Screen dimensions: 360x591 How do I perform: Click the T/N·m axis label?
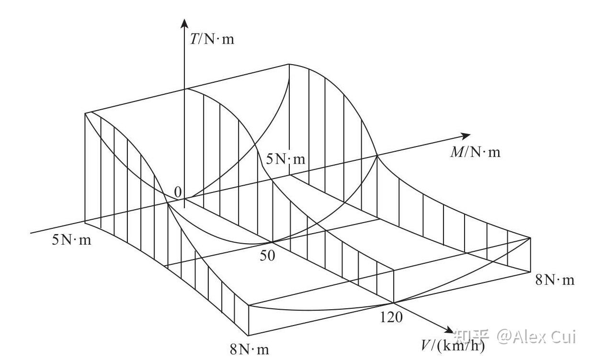point(212,39)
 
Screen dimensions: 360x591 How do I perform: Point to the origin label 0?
point(178,192)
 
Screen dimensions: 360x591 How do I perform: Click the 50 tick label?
point(268,256)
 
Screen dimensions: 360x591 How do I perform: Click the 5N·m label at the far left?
point(71,239)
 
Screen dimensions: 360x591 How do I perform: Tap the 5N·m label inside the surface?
point(285,159)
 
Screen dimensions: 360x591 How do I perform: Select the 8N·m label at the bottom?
point(250,349)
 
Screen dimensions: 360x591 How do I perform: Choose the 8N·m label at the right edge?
point(554,280)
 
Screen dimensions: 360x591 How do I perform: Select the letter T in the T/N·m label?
point(194,39)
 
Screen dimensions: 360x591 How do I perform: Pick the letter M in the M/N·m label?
point(456,152)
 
